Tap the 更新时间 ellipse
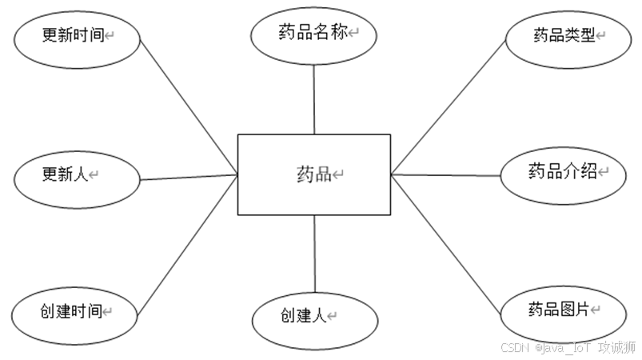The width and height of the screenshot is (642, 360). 77,37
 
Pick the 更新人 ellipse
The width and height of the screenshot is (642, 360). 78,174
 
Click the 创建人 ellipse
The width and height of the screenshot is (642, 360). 314,318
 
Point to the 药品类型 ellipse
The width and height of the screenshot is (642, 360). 568,37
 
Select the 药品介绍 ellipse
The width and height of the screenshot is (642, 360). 564,173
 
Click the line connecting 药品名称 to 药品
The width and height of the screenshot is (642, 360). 313,100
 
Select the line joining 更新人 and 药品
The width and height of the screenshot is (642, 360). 189,176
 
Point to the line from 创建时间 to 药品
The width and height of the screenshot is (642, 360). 189,243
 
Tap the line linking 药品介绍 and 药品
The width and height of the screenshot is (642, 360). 446,174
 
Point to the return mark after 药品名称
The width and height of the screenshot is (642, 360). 353,34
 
